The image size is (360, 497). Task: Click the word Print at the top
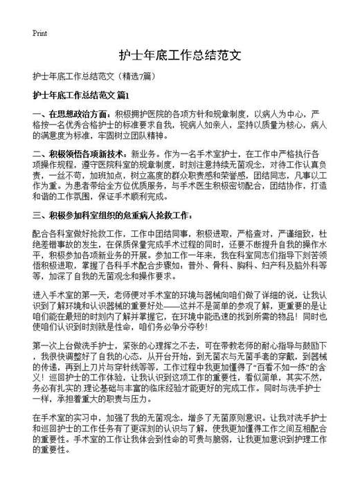click(x=39, y=33)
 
